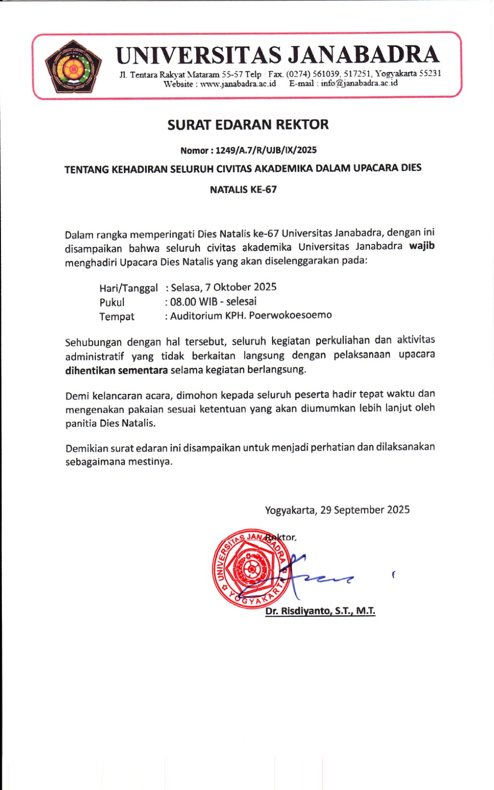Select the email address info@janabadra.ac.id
[359, 83]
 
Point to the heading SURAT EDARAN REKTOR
[247, 125]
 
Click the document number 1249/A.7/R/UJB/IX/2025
[266, 150]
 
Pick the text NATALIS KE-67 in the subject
[243, 190]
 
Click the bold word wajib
[422, 246]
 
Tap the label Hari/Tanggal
[128, 288]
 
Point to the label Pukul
[112, 303]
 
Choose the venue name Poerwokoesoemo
[290, 315]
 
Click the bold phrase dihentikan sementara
[117, 370]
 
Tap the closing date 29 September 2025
[365, 510]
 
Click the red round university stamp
[250, 568]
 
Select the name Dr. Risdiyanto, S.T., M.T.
[320, 611]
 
